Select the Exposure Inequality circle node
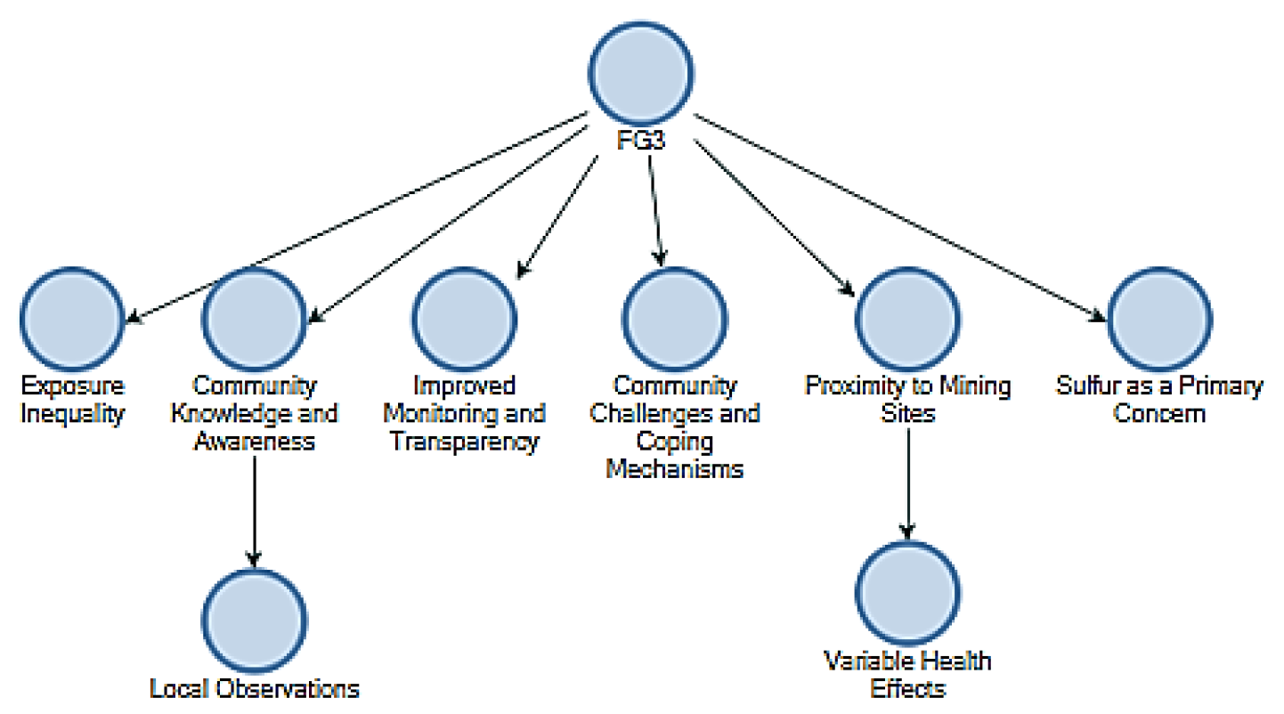(x=73, y=318)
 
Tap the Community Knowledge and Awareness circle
(x=254, y=318)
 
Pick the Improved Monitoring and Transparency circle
(x=464, y=318)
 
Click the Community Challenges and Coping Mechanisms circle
(x=674, y=318)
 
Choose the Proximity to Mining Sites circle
(x=907, y=318)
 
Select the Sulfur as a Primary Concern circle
(x=1159, y=318)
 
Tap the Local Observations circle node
(x=254, y=621)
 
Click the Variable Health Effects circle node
(x=907, y=592)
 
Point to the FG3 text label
(x=641, y=143)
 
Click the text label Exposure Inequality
(x=73, y=400)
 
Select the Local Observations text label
(x=255, y=688)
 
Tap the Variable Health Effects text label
(x=907, y=674)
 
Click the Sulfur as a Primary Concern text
(x=1159, y=400)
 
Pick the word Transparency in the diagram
(x=464, y=442)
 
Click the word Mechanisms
(x=674, y=469)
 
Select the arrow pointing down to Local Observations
(x=255, y=507)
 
